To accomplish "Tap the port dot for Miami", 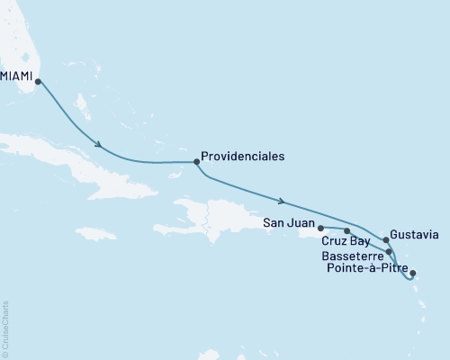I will coord(38,81).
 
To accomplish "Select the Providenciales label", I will coord(242,156).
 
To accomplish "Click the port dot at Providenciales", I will coord(195,162).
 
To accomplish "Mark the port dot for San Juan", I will coord(320,228).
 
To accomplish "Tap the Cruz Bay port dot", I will coord(346,231).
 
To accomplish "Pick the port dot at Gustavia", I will coord(386,239).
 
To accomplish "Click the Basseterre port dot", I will coord(389,252).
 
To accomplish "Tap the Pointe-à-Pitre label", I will coord(364,268).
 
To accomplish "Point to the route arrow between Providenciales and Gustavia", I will coord(284,201).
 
